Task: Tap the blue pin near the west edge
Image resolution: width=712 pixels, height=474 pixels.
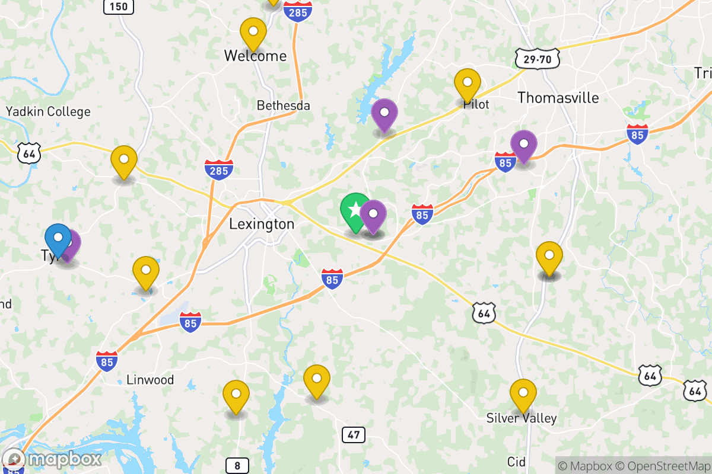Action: (58, 238)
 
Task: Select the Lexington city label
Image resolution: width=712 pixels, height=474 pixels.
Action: (262, 224)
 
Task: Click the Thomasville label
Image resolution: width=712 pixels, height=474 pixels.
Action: (558, 98)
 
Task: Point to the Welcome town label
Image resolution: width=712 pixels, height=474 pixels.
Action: (255, 56)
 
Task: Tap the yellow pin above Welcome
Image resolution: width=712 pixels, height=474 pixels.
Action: (253, 32)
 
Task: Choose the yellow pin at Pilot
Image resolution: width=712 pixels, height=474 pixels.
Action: (468, 83)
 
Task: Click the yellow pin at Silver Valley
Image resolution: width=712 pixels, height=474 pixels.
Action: (523, 393)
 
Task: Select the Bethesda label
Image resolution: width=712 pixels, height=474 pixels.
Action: (284, 105)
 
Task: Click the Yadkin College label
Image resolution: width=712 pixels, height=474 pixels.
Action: (48, 111)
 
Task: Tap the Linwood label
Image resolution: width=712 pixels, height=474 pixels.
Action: (150, 380)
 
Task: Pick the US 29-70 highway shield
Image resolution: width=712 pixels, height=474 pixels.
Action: (538, 59)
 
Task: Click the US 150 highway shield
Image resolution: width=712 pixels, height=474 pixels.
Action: (119, 7)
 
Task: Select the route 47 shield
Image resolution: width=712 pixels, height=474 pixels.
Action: (354, 435)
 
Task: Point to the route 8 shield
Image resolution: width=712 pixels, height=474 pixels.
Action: (237, 466)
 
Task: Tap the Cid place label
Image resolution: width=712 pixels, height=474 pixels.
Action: (516, 462)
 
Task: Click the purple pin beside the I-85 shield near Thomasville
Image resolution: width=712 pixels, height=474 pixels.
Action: (524, 145)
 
